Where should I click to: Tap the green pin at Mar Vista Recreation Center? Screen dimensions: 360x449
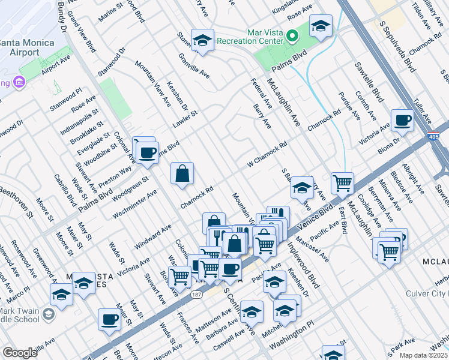[292, 37]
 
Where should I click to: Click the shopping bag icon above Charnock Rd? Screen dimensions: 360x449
[182, 174]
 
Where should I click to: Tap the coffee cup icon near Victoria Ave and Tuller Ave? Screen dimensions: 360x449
[402, 121]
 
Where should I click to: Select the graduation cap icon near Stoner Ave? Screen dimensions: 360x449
[202, 40]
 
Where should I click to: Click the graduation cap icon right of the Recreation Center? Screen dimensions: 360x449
[321, 26]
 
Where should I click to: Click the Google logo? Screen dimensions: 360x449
[19, 353]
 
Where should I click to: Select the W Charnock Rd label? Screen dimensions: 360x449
[267, 155]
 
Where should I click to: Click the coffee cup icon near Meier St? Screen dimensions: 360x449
[109, 320]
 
